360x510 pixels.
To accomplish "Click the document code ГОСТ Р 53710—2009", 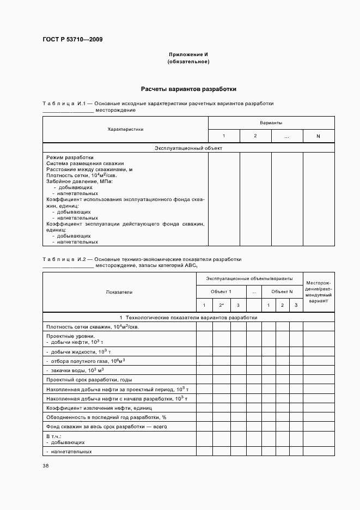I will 72,40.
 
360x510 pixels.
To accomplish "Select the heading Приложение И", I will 188,55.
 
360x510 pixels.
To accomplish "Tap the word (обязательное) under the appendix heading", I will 188,62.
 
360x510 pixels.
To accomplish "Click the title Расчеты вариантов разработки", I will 188,89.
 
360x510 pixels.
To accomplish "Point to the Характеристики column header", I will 125,129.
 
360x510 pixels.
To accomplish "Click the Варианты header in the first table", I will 271,123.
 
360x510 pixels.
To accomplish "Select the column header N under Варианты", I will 318,136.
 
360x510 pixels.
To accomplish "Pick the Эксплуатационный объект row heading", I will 188,148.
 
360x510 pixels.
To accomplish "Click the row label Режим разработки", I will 70,157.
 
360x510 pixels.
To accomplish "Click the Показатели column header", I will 119,292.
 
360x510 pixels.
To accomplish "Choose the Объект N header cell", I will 282,292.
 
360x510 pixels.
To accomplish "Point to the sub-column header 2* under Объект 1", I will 221,305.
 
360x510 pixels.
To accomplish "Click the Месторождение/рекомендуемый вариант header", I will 319,292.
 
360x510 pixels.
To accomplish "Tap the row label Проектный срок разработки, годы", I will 89,379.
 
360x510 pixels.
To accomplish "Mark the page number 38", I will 46,465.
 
